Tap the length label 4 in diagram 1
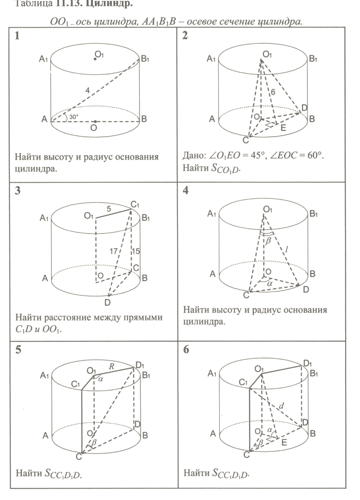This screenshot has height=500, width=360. coord(88,90)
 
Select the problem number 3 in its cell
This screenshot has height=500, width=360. coord(18,191)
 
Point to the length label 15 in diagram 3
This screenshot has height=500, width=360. coord(136,251)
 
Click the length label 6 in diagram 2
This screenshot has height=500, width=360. coord(272,92)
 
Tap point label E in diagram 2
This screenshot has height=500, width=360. coord(283,127)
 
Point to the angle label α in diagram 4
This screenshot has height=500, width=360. coord(270,284)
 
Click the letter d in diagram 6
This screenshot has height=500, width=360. coord(281,406)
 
